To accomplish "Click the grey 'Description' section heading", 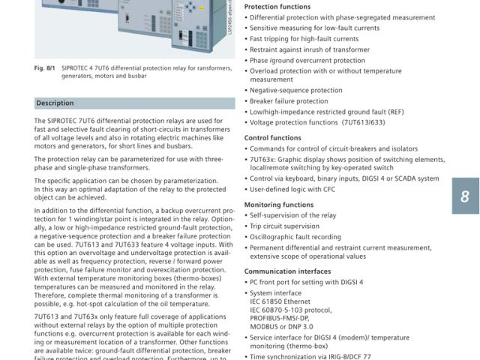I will [55, 103].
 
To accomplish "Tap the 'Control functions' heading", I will [273, 138].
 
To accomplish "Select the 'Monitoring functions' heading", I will [279, 204].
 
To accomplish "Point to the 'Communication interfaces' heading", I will [287, 271].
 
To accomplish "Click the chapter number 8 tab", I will [465, 197].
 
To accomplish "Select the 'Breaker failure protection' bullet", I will [289, 101].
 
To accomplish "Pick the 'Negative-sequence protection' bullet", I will [295, 90].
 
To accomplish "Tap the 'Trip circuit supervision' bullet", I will [284, 226].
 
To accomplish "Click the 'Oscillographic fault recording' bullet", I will [295, 236].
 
